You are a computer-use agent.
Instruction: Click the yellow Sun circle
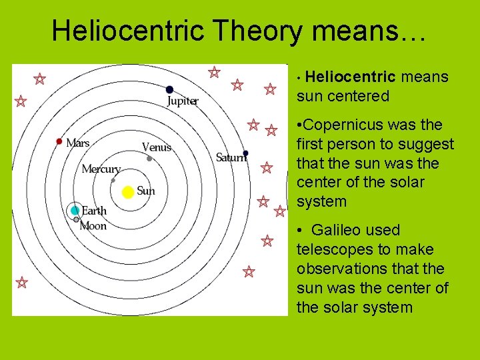(128, 192)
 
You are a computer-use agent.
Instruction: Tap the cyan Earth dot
(75, 211)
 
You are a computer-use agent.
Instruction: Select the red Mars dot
(59, 141)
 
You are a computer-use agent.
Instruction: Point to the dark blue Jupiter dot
(170, 89)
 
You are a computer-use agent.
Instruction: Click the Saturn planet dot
(246, 153)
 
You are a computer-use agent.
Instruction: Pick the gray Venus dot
(149, 159)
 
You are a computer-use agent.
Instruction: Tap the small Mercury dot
(113, 180)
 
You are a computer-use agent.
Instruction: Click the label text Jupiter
(183, 101)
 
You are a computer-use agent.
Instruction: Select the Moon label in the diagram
(93, 226)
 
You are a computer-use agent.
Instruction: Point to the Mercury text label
(101, 169)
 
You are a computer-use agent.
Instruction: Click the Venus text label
(157, 147)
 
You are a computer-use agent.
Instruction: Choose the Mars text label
(78, 143)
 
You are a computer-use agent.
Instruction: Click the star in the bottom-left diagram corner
(22, 282)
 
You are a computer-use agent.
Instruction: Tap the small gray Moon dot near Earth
(77, 219)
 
